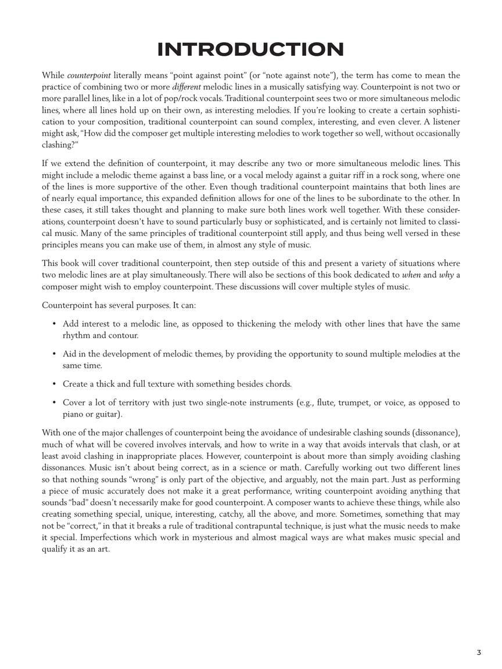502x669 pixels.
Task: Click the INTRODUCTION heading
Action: (x=250, y=49)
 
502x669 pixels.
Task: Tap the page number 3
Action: (x=479, y=653)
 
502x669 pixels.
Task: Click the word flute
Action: (x=325, y=403)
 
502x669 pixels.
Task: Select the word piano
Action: (x=73, y=415)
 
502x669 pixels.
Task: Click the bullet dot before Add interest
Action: (x=54, y=324)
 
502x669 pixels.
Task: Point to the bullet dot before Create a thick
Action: (x=54, y=384)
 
